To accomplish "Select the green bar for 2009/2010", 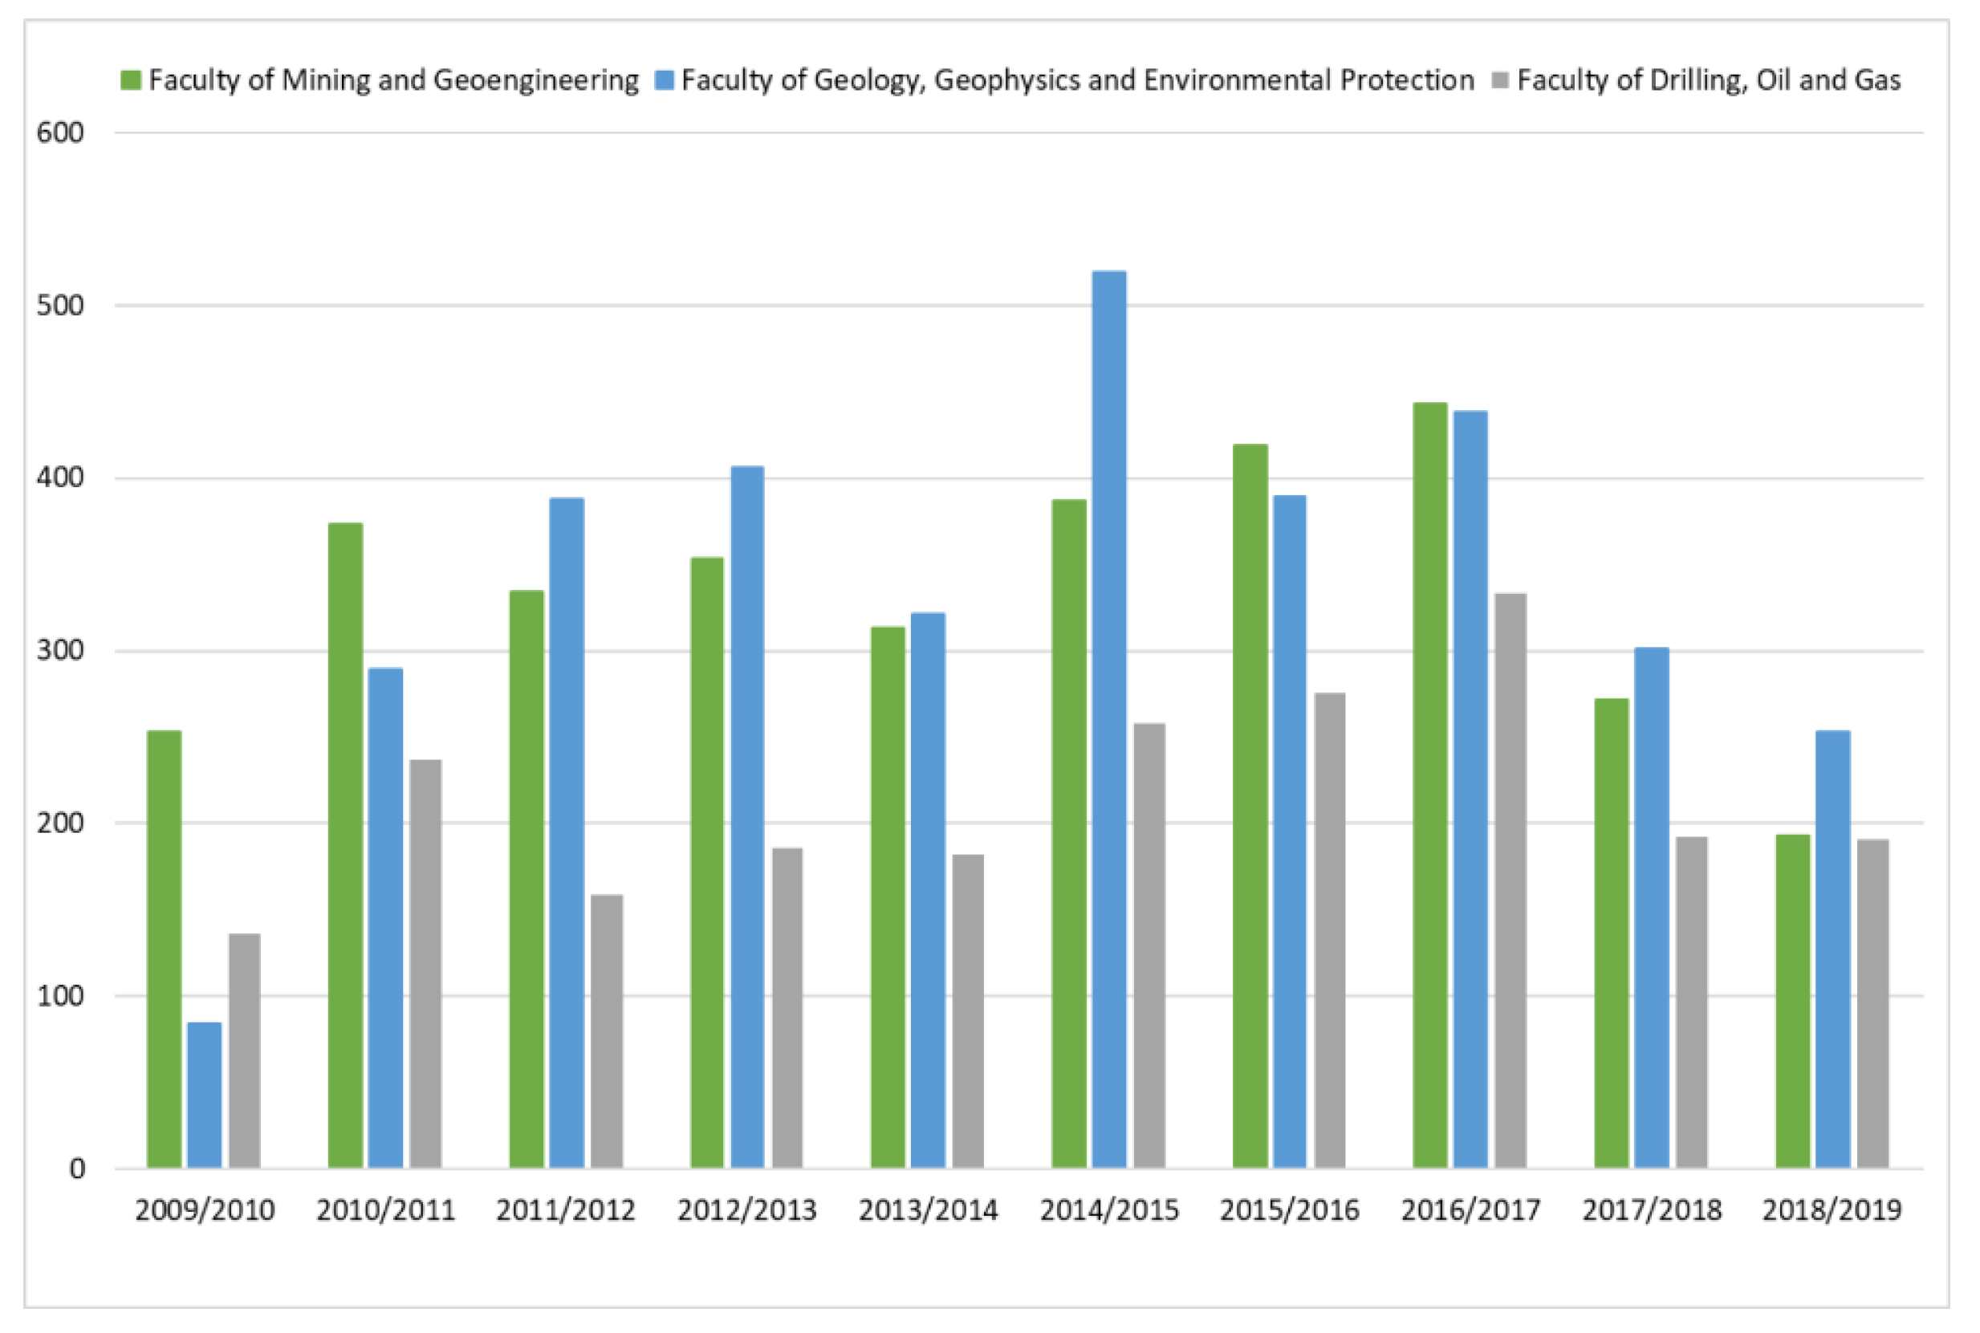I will [x=164, y=949].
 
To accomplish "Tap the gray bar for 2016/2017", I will [x=1510, y=880].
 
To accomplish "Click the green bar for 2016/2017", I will [x=1430, y=786].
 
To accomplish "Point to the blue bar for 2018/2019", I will [x=1832, y=949].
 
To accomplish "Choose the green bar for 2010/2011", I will [x=345, y=845].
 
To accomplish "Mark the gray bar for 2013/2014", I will [x=967, y=1011].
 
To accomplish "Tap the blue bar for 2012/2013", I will [x=747, y=817].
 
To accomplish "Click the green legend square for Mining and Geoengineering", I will [x=131, y=81].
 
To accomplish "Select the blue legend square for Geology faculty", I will [x=664, y=81].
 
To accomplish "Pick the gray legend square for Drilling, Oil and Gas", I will [x=1501, y=81].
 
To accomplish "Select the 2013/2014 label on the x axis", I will [x=928, y=1209].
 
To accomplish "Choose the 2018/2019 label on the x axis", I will [x=1832, y=1209].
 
